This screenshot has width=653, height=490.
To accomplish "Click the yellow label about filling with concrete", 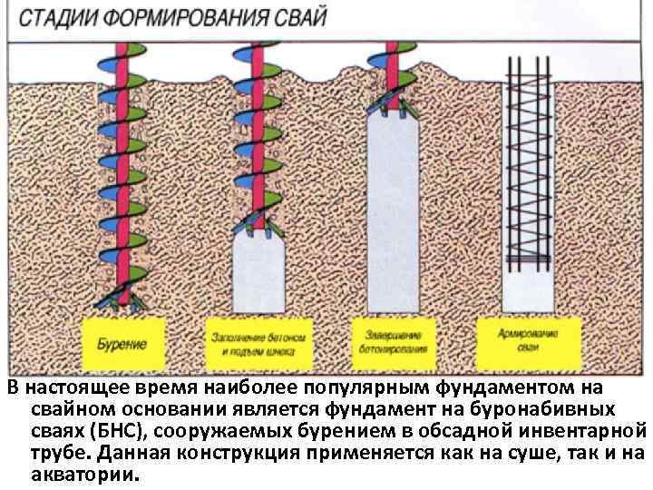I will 260,343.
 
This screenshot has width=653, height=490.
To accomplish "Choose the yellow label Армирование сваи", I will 528,341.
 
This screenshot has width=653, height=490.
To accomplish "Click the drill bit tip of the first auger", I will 122,299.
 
